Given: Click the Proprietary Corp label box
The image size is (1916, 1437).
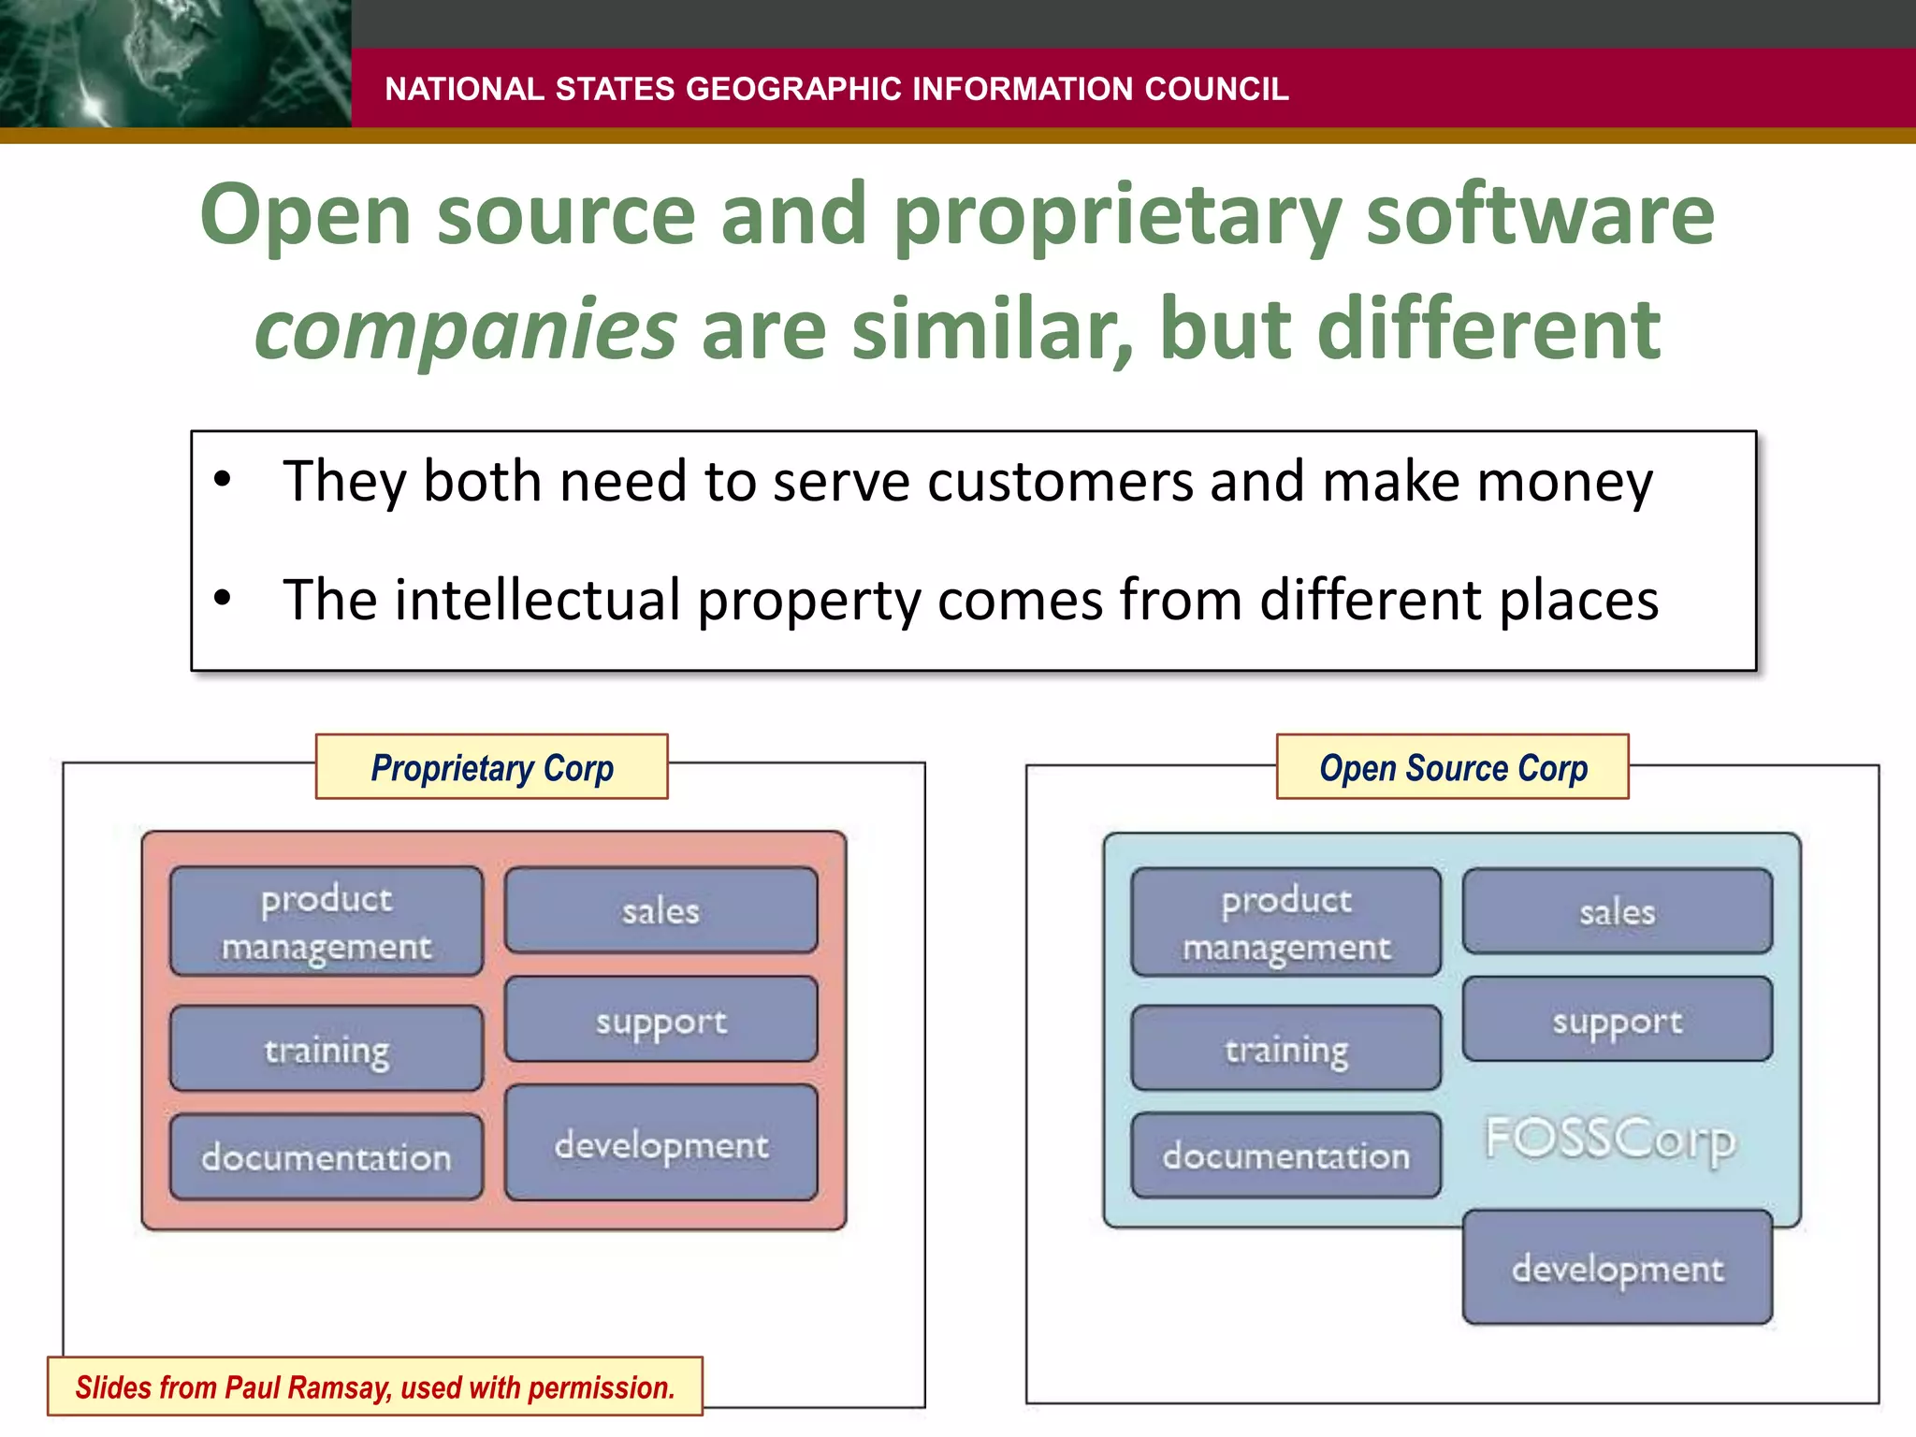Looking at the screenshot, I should coord(492,767).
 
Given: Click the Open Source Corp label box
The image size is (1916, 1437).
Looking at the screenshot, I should coord(1452,767).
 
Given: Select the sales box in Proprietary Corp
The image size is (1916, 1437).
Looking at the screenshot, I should coord(660,910).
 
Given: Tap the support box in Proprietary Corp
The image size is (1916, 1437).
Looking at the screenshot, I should coord(660,1021).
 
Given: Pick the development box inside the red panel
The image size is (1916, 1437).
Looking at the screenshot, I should coord(660,1143).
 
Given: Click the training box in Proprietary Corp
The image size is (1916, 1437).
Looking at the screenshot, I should coord(327,1049).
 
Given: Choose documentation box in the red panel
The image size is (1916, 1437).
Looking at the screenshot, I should coord(327,1157).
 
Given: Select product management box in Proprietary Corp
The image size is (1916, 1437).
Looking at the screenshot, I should coord(327,922).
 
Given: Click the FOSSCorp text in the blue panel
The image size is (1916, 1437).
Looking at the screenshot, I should coord(1610,1139).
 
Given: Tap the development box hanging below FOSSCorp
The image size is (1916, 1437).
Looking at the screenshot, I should coord(1617,1268).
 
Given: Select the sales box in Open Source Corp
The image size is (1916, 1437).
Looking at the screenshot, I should coord(1617,911).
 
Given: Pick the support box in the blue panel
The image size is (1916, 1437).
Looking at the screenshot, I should coord(1617,1020).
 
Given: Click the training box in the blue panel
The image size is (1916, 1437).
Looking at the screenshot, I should coord(1285,1049).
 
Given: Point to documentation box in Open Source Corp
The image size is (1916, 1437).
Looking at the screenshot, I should coord(1285,1156).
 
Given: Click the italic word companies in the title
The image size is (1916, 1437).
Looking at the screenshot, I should coord(465,329).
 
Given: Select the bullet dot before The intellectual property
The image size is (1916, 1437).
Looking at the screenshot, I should coord(222,598).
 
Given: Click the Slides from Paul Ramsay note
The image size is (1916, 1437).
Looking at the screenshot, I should coord(374,1386).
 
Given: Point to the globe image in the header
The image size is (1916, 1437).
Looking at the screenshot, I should coord(175,64).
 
